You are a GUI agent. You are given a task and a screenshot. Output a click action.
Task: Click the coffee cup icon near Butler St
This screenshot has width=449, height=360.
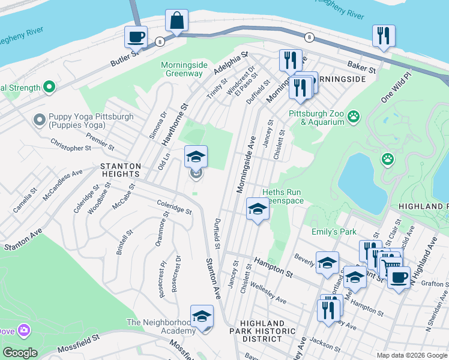[x=136, y=37]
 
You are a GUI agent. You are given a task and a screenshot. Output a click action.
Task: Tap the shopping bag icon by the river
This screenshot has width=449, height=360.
[x=177, y=20]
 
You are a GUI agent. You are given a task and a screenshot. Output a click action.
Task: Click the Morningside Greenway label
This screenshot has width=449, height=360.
[x=181, y=69]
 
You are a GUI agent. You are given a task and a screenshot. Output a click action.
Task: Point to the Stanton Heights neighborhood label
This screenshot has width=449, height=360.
[x=121, y=170]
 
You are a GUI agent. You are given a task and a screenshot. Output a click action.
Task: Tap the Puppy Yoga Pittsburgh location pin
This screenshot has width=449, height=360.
[x=40, y=121]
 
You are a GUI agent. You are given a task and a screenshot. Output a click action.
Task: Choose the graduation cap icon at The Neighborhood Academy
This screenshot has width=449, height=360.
[x=202, y=316]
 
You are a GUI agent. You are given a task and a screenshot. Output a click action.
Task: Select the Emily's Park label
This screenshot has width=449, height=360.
[x=334, y=232]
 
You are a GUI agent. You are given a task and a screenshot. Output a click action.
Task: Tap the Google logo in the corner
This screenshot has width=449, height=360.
[x=19, y=352]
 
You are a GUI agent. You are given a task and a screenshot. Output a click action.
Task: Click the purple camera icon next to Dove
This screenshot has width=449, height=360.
[x=24, y=330]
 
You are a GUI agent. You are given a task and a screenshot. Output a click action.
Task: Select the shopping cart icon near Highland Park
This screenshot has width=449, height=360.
[x=391, y=263]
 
